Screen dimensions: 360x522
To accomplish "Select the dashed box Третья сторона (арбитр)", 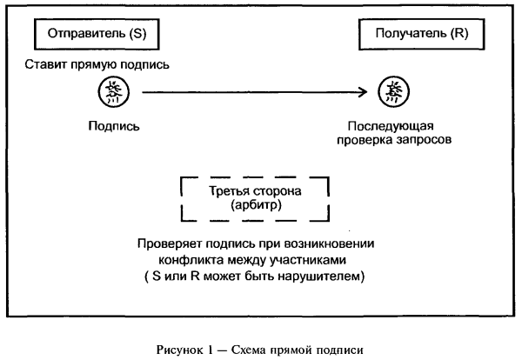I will click(254, 199).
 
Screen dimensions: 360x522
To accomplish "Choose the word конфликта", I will click(187, 260).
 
